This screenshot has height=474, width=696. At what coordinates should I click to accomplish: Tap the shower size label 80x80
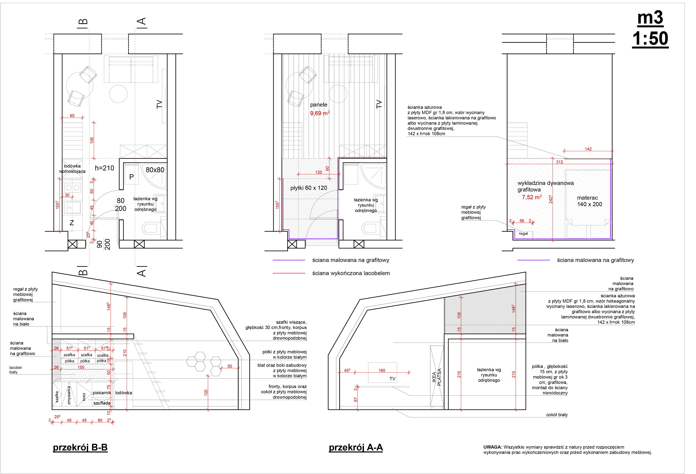tap(155, 170)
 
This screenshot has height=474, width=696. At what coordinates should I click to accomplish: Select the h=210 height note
tap(104, 168)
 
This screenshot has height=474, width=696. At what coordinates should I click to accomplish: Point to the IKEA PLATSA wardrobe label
tap(437, 377)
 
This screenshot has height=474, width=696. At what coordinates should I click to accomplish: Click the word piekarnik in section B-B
tap(102, 393)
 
